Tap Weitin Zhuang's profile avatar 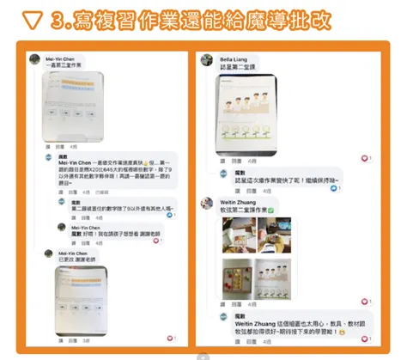(206, 204)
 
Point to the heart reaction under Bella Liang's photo (363, 159)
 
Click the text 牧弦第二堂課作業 (243, 210)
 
